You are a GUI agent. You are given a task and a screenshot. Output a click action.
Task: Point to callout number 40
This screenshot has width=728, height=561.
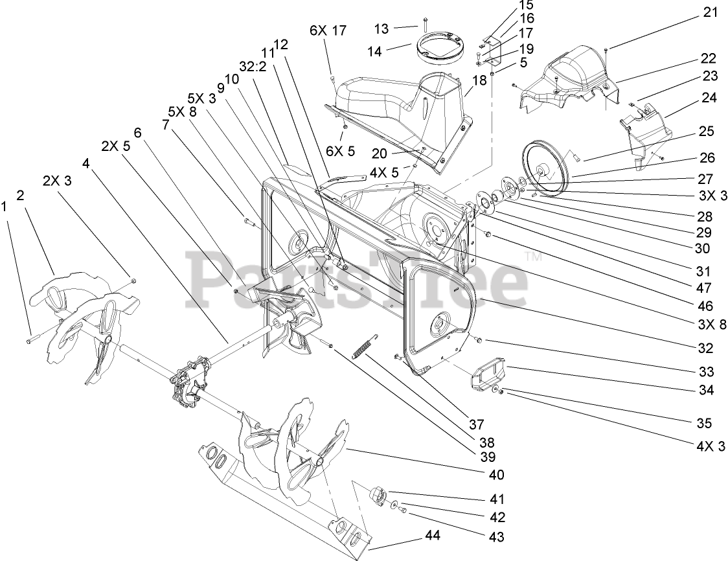(x=496, y=474)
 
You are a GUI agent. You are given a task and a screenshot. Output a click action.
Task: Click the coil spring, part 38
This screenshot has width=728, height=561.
(x=362, y=346)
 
